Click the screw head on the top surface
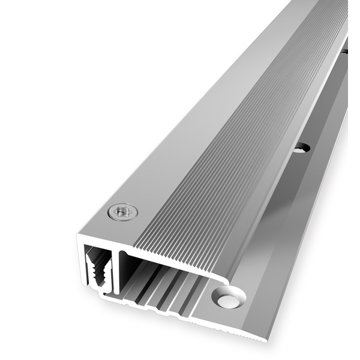point(122,211)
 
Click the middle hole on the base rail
point(302,147)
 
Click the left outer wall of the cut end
point(80,264)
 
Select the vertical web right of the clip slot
point(116,270)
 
